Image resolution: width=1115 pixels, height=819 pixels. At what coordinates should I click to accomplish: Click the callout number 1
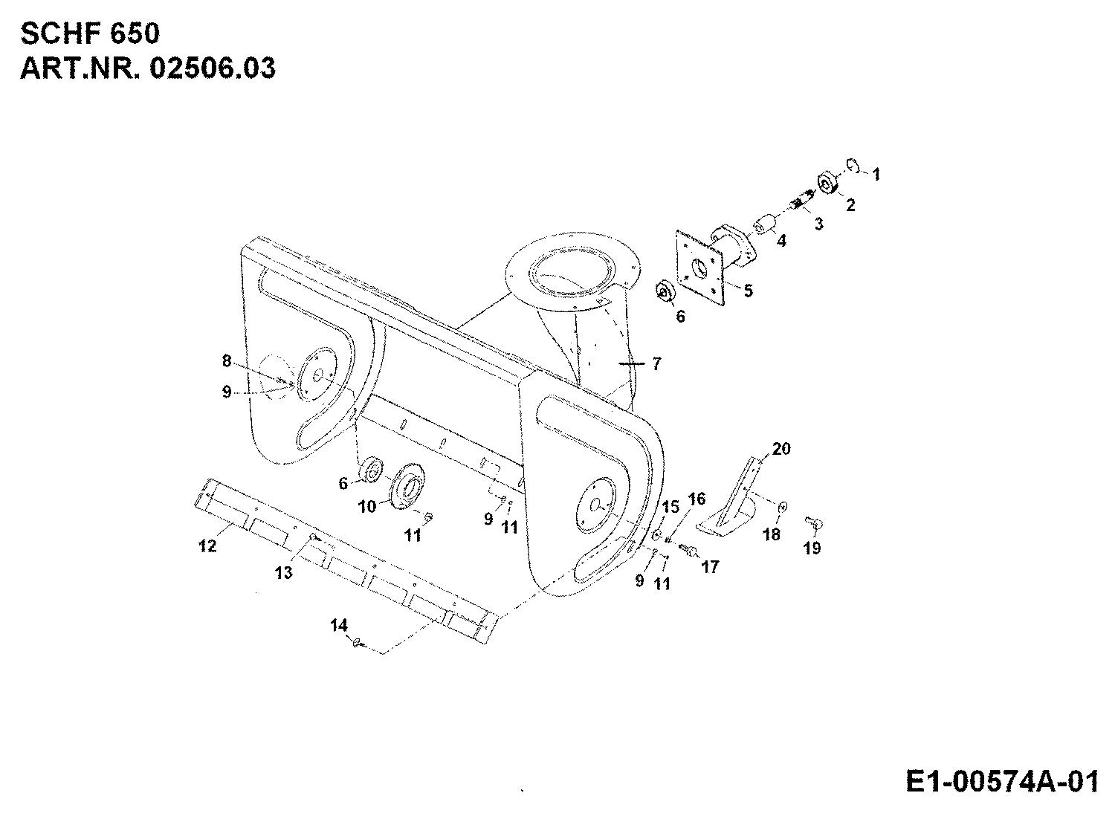876,174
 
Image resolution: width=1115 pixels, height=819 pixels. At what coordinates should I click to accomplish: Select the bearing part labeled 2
829,184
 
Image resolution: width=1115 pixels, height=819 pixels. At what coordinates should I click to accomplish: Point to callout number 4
781,241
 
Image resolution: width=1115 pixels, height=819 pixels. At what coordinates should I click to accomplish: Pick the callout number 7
657,364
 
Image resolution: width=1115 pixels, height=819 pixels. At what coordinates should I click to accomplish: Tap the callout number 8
227,360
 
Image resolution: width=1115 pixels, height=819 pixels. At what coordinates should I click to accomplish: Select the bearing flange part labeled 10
407,485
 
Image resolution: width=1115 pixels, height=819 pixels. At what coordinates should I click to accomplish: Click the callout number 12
207,546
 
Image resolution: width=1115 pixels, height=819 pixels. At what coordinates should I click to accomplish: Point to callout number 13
284,573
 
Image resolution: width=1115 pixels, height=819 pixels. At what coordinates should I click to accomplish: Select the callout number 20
781,449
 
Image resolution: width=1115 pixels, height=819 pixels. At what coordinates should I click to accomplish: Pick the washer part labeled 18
783,507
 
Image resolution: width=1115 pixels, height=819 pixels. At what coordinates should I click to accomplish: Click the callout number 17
711,567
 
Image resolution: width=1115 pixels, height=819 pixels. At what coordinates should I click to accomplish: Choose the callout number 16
697,499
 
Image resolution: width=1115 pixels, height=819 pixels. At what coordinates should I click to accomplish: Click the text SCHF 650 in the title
91,34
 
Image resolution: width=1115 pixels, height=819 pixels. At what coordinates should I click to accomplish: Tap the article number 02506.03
213,68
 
